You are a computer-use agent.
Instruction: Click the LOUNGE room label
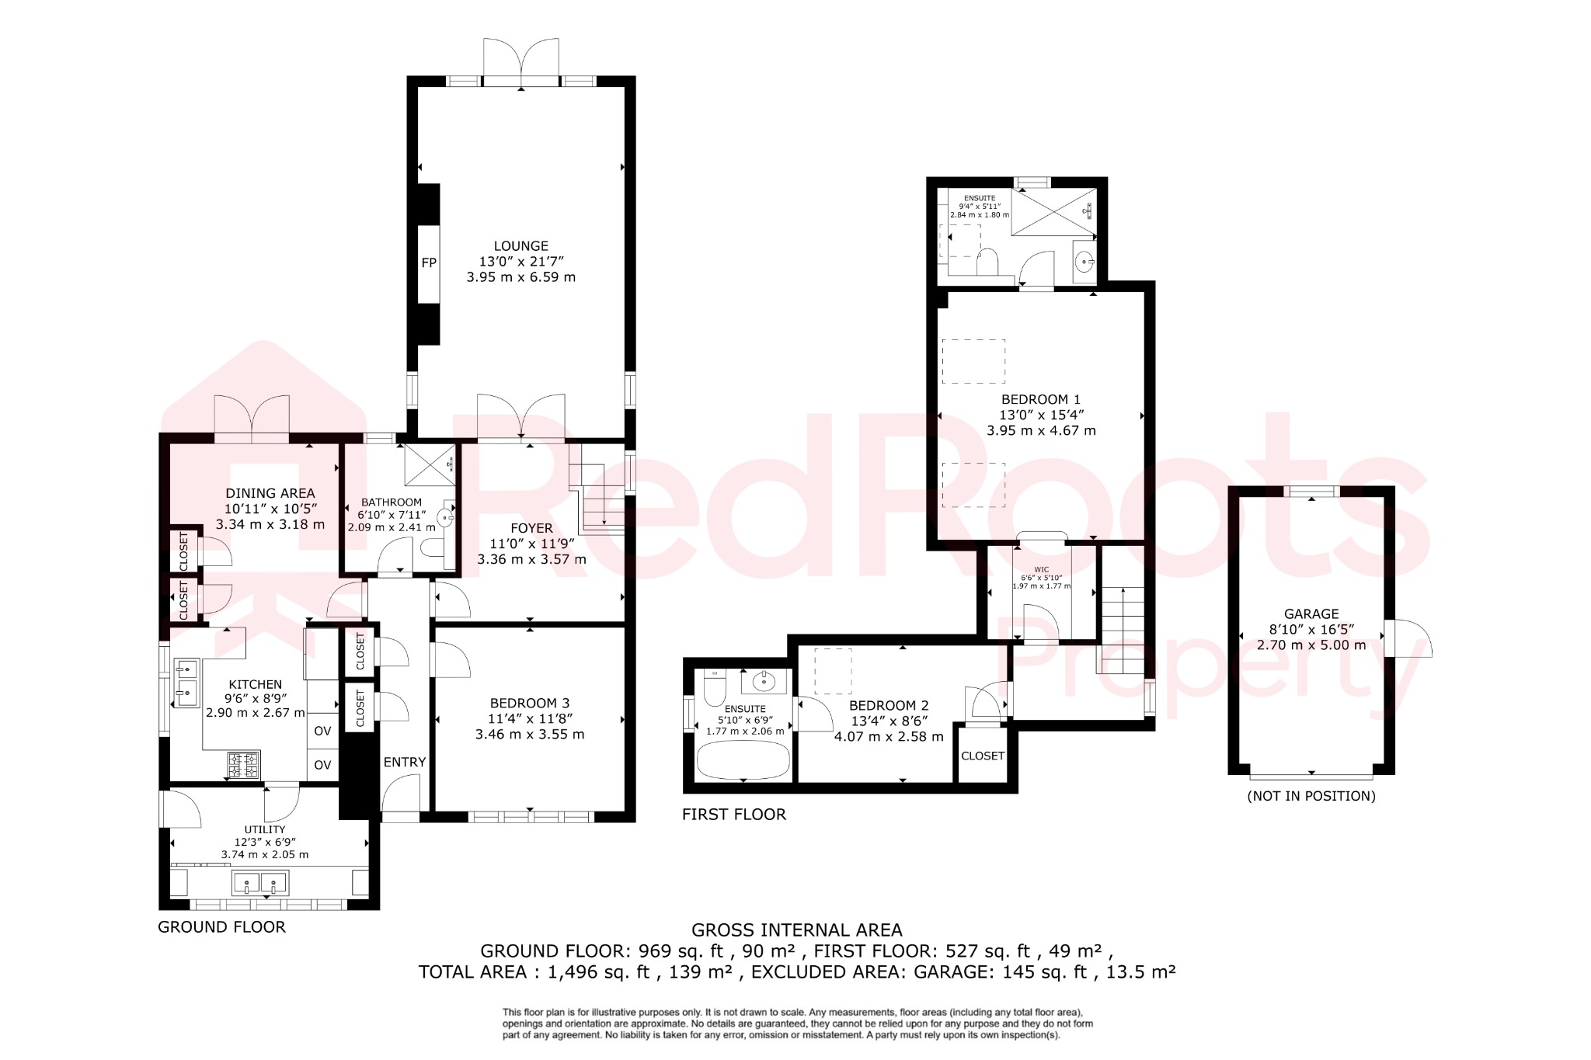tap(520, 246)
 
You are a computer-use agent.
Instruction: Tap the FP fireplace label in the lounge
tap(429, 263)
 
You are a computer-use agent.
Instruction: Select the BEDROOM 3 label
tap(530, 704)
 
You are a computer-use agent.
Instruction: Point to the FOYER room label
tap(531, 528)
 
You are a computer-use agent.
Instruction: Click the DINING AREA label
tap(270, 493)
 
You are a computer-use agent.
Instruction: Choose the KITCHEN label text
tap(255, 684)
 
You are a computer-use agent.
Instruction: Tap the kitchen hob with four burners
tap(243, 765)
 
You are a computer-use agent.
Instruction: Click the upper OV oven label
tap(322, 731)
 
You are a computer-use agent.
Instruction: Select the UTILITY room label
tap(265, 829)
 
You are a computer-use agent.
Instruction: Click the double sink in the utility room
tap(259, 883)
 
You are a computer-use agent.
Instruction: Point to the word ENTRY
tap(404, 762)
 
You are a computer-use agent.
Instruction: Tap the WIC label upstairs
tap(1041, 569)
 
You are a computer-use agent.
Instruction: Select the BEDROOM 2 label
tap(889, 705)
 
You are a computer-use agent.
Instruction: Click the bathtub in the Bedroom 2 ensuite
tap(743, 759)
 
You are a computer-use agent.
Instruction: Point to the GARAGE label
tap(1311, 613)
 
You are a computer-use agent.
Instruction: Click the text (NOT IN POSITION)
tap(1311, 796)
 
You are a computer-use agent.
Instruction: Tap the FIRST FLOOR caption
tap(734, 814)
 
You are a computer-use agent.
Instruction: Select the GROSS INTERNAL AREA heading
tap(796, 930)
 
